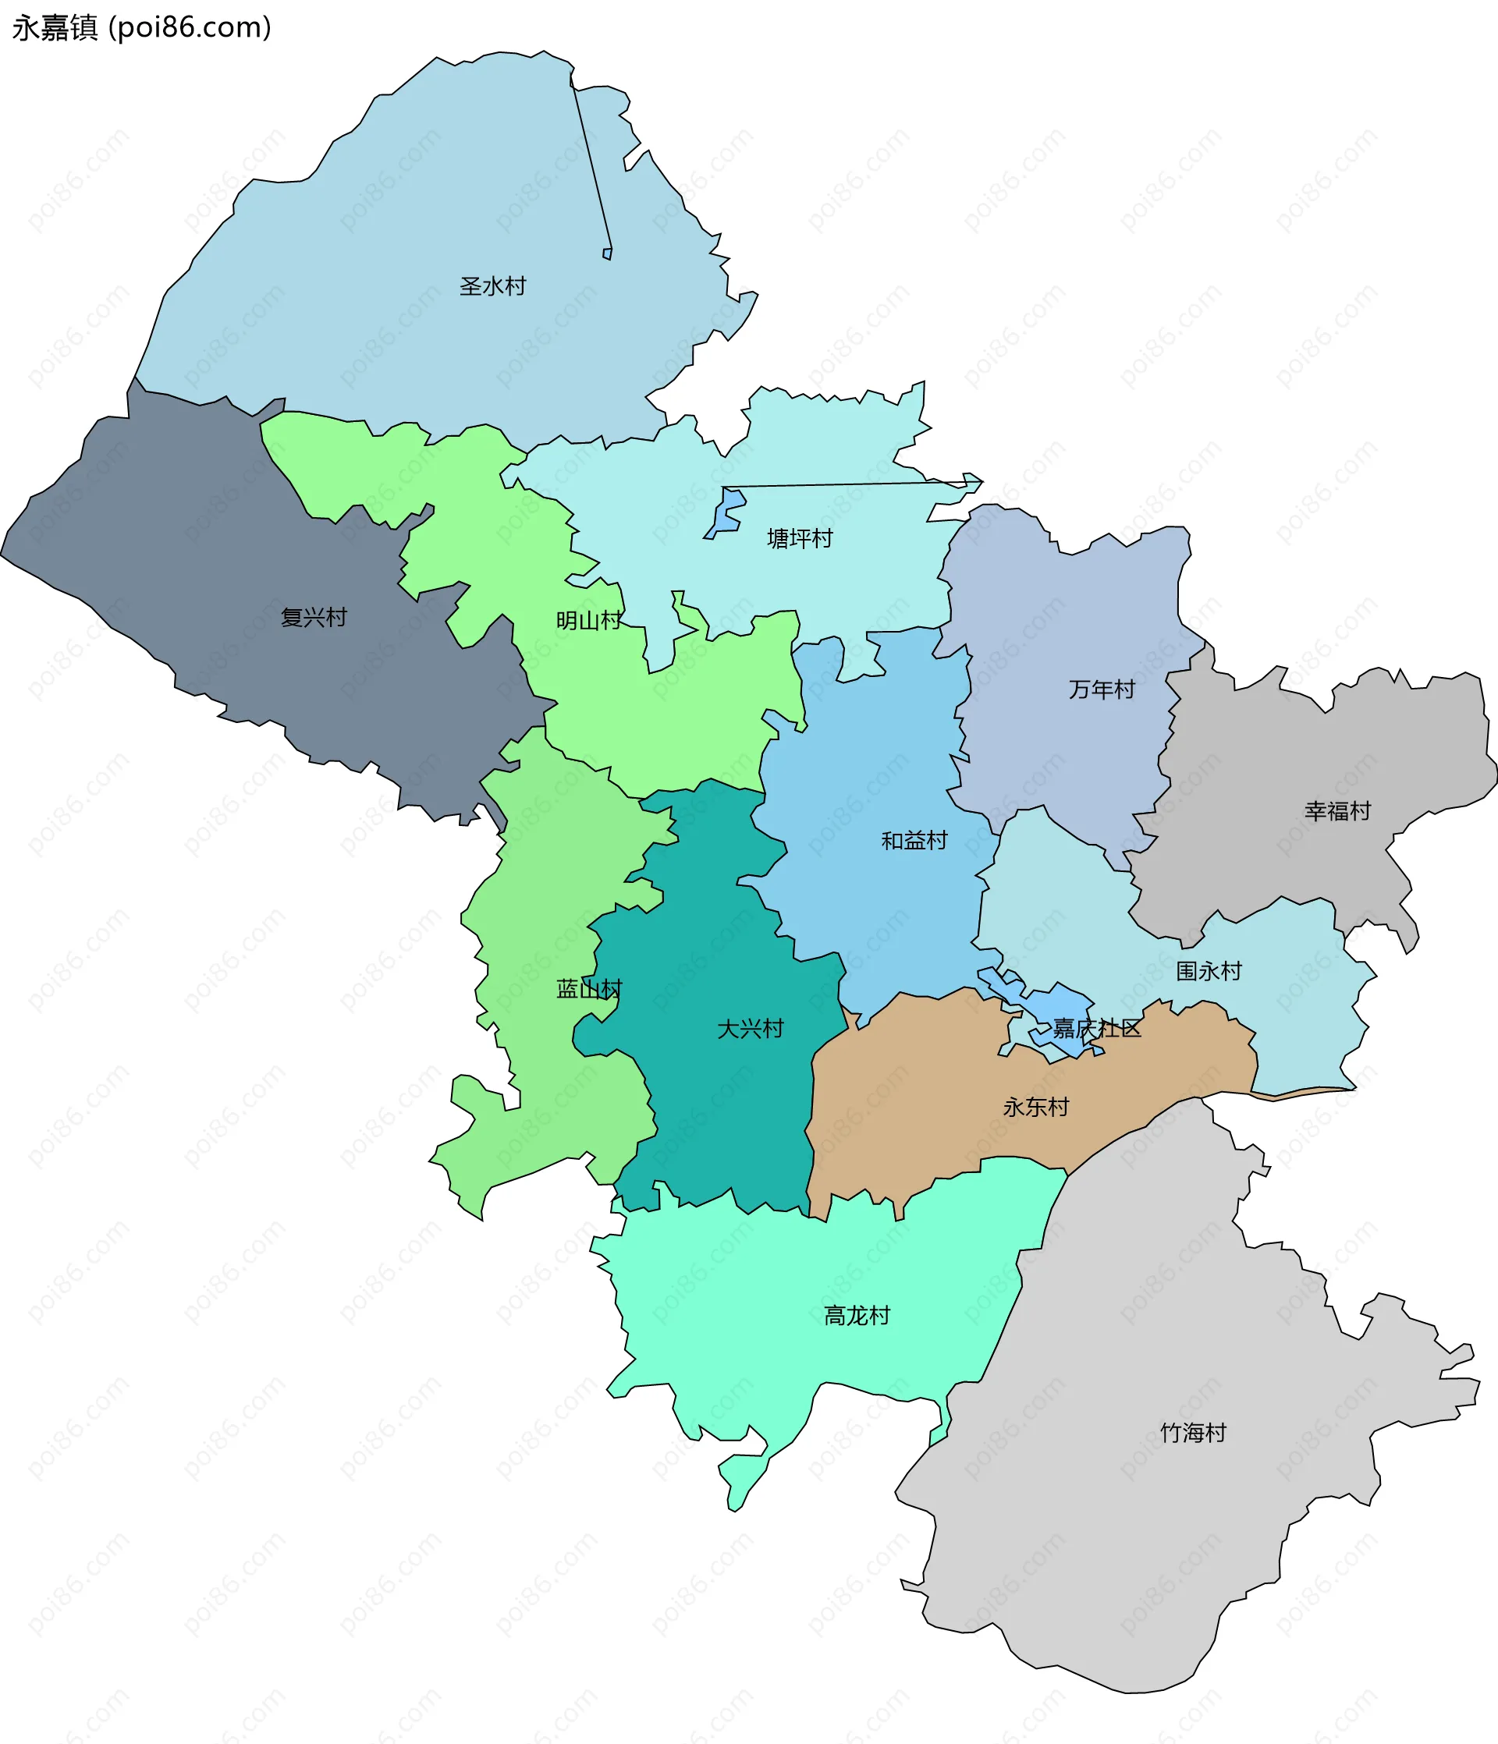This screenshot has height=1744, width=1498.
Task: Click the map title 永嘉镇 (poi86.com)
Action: coord(141,28)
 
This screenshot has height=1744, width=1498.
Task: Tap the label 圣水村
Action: coord(492,286)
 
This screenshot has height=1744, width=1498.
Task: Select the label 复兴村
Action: coord(313,617)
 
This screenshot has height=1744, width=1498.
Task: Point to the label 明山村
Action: coord(588,620)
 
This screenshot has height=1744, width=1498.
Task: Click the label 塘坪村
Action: coord(799,538)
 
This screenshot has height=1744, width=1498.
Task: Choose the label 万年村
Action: coord(1102,689)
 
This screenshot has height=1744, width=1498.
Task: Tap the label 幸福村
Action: coord(1337,810)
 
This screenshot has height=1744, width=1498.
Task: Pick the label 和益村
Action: coord(914,840)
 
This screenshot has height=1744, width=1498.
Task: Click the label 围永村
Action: coord(1209,970)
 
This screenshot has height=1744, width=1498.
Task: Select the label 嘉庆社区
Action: coord(1096,1028)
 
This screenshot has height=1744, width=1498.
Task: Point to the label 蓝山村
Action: coord(588,988)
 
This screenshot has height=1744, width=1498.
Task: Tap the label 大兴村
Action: coord(750,1028)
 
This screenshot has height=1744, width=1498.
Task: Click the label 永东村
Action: coord(1035,1107)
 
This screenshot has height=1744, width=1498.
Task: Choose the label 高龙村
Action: coord(857,1315)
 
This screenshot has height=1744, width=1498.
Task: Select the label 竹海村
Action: coord(1192,1432)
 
